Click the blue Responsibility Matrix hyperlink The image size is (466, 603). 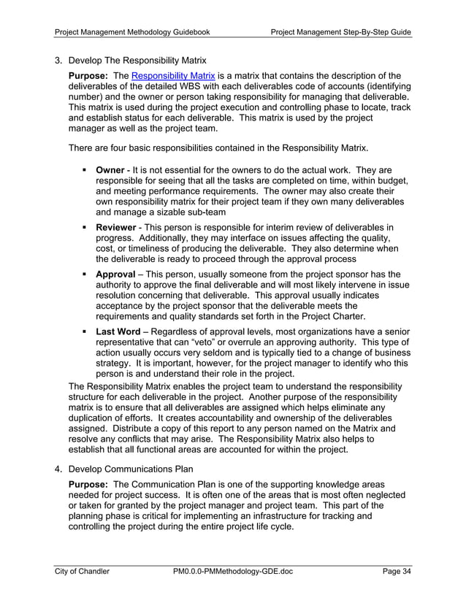(x=173, y=75)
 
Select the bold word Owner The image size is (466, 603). (x=110, y=170)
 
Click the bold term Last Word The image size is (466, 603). (x=118, y=331)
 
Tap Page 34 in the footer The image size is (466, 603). (x=397, y=571)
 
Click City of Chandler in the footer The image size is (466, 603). (x=83, y=571)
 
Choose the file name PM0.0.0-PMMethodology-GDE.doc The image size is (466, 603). (x=233, y=571)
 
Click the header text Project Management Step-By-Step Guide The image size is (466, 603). (x=340, y=32)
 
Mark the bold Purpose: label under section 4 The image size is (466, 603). (x=88, y=485)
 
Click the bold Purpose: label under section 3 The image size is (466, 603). (x=88, y=75)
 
